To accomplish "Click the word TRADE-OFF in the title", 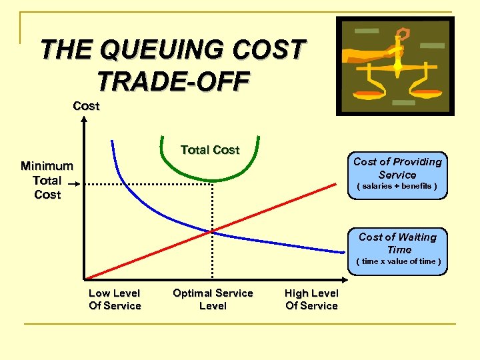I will click(x=173, y=81).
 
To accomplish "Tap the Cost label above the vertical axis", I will click(x=86, y=105).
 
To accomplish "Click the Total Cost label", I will click(x=209, y=150).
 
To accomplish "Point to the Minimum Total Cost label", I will click(x=47, y=180).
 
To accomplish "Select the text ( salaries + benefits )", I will click(x=397, y=186).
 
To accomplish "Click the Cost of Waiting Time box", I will click(x=397, y=247).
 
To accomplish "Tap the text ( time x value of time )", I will click(x=398, y=261).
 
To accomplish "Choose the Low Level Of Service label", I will click(x=115, y=299).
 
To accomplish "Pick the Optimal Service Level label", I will click(x=213, y=299).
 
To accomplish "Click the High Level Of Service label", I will click(x=311, y=299).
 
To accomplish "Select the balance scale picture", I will click(x=395, y=65).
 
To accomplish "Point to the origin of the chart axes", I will click(x=85, y=278).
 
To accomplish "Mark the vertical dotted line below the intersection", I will click(x=213, y=257).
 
